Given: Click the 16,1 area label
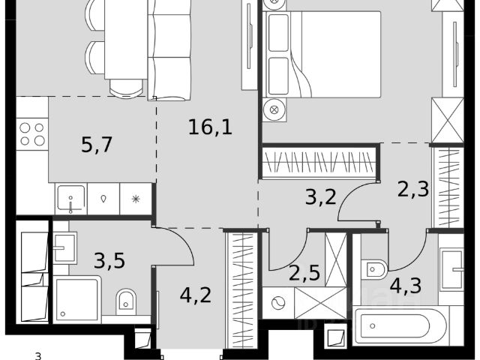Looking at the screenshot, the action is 210,127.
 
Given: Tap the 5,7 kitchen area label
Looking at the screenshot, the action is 97,145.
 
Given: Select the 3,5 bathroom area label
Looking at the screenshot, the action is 109,261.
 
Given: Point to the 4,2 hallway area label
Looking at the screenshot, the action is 196,295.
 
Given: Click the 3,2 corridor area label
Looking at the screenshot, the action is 321,196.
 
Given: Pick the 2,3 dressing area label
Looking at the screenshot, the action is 413,189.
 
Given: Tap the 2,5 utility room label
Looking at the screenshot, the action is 304,273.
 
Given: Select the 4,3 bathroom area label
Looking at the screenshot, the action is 406,286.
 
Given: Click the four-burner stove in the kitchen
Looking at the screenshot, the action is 32,134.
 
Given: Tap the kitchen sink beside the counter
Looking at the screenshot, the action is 71,199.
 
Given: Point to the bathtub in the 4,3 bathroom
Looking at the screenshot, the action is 400,326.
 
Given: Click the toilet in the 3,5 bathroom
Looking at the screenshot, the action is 126,301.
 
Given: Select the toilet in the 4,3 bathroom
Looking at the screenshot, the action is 374,269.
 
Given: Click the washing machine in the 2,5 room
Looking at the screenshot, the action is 278,303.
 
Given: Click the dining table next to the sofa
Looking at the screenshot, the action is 126,40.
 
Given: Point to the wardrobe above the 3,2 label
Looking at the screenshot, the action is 319,161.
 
